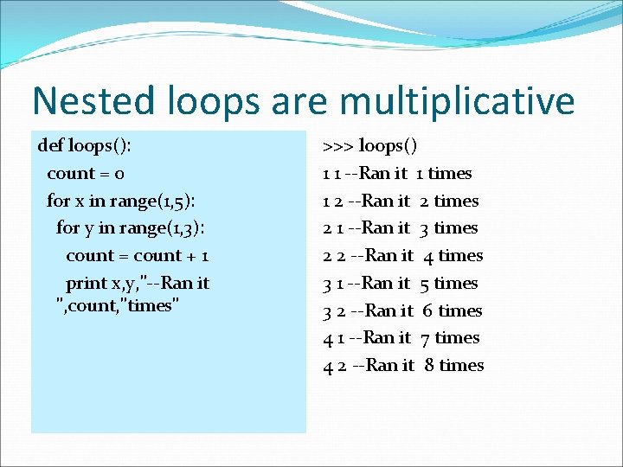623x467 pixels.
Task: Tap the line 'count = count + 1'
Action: pos(138,255)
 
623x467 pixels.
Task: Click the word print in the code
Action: pos(87,283)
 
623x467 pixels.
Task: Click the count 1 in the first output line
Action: pos(420,173)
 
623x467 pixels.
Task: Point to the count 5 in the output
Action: pos(425,283)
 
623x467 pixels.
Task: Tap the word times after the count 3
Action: pos(456,227)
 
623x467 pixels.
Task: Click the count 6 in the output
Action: pos(427,310)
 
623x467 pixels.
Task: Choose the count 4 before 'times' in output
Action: pos(428,255)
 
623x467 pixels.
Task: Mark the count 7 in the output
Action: pos(426,337)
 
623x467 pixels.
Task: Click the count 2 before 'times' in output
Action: pos(425,201)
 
